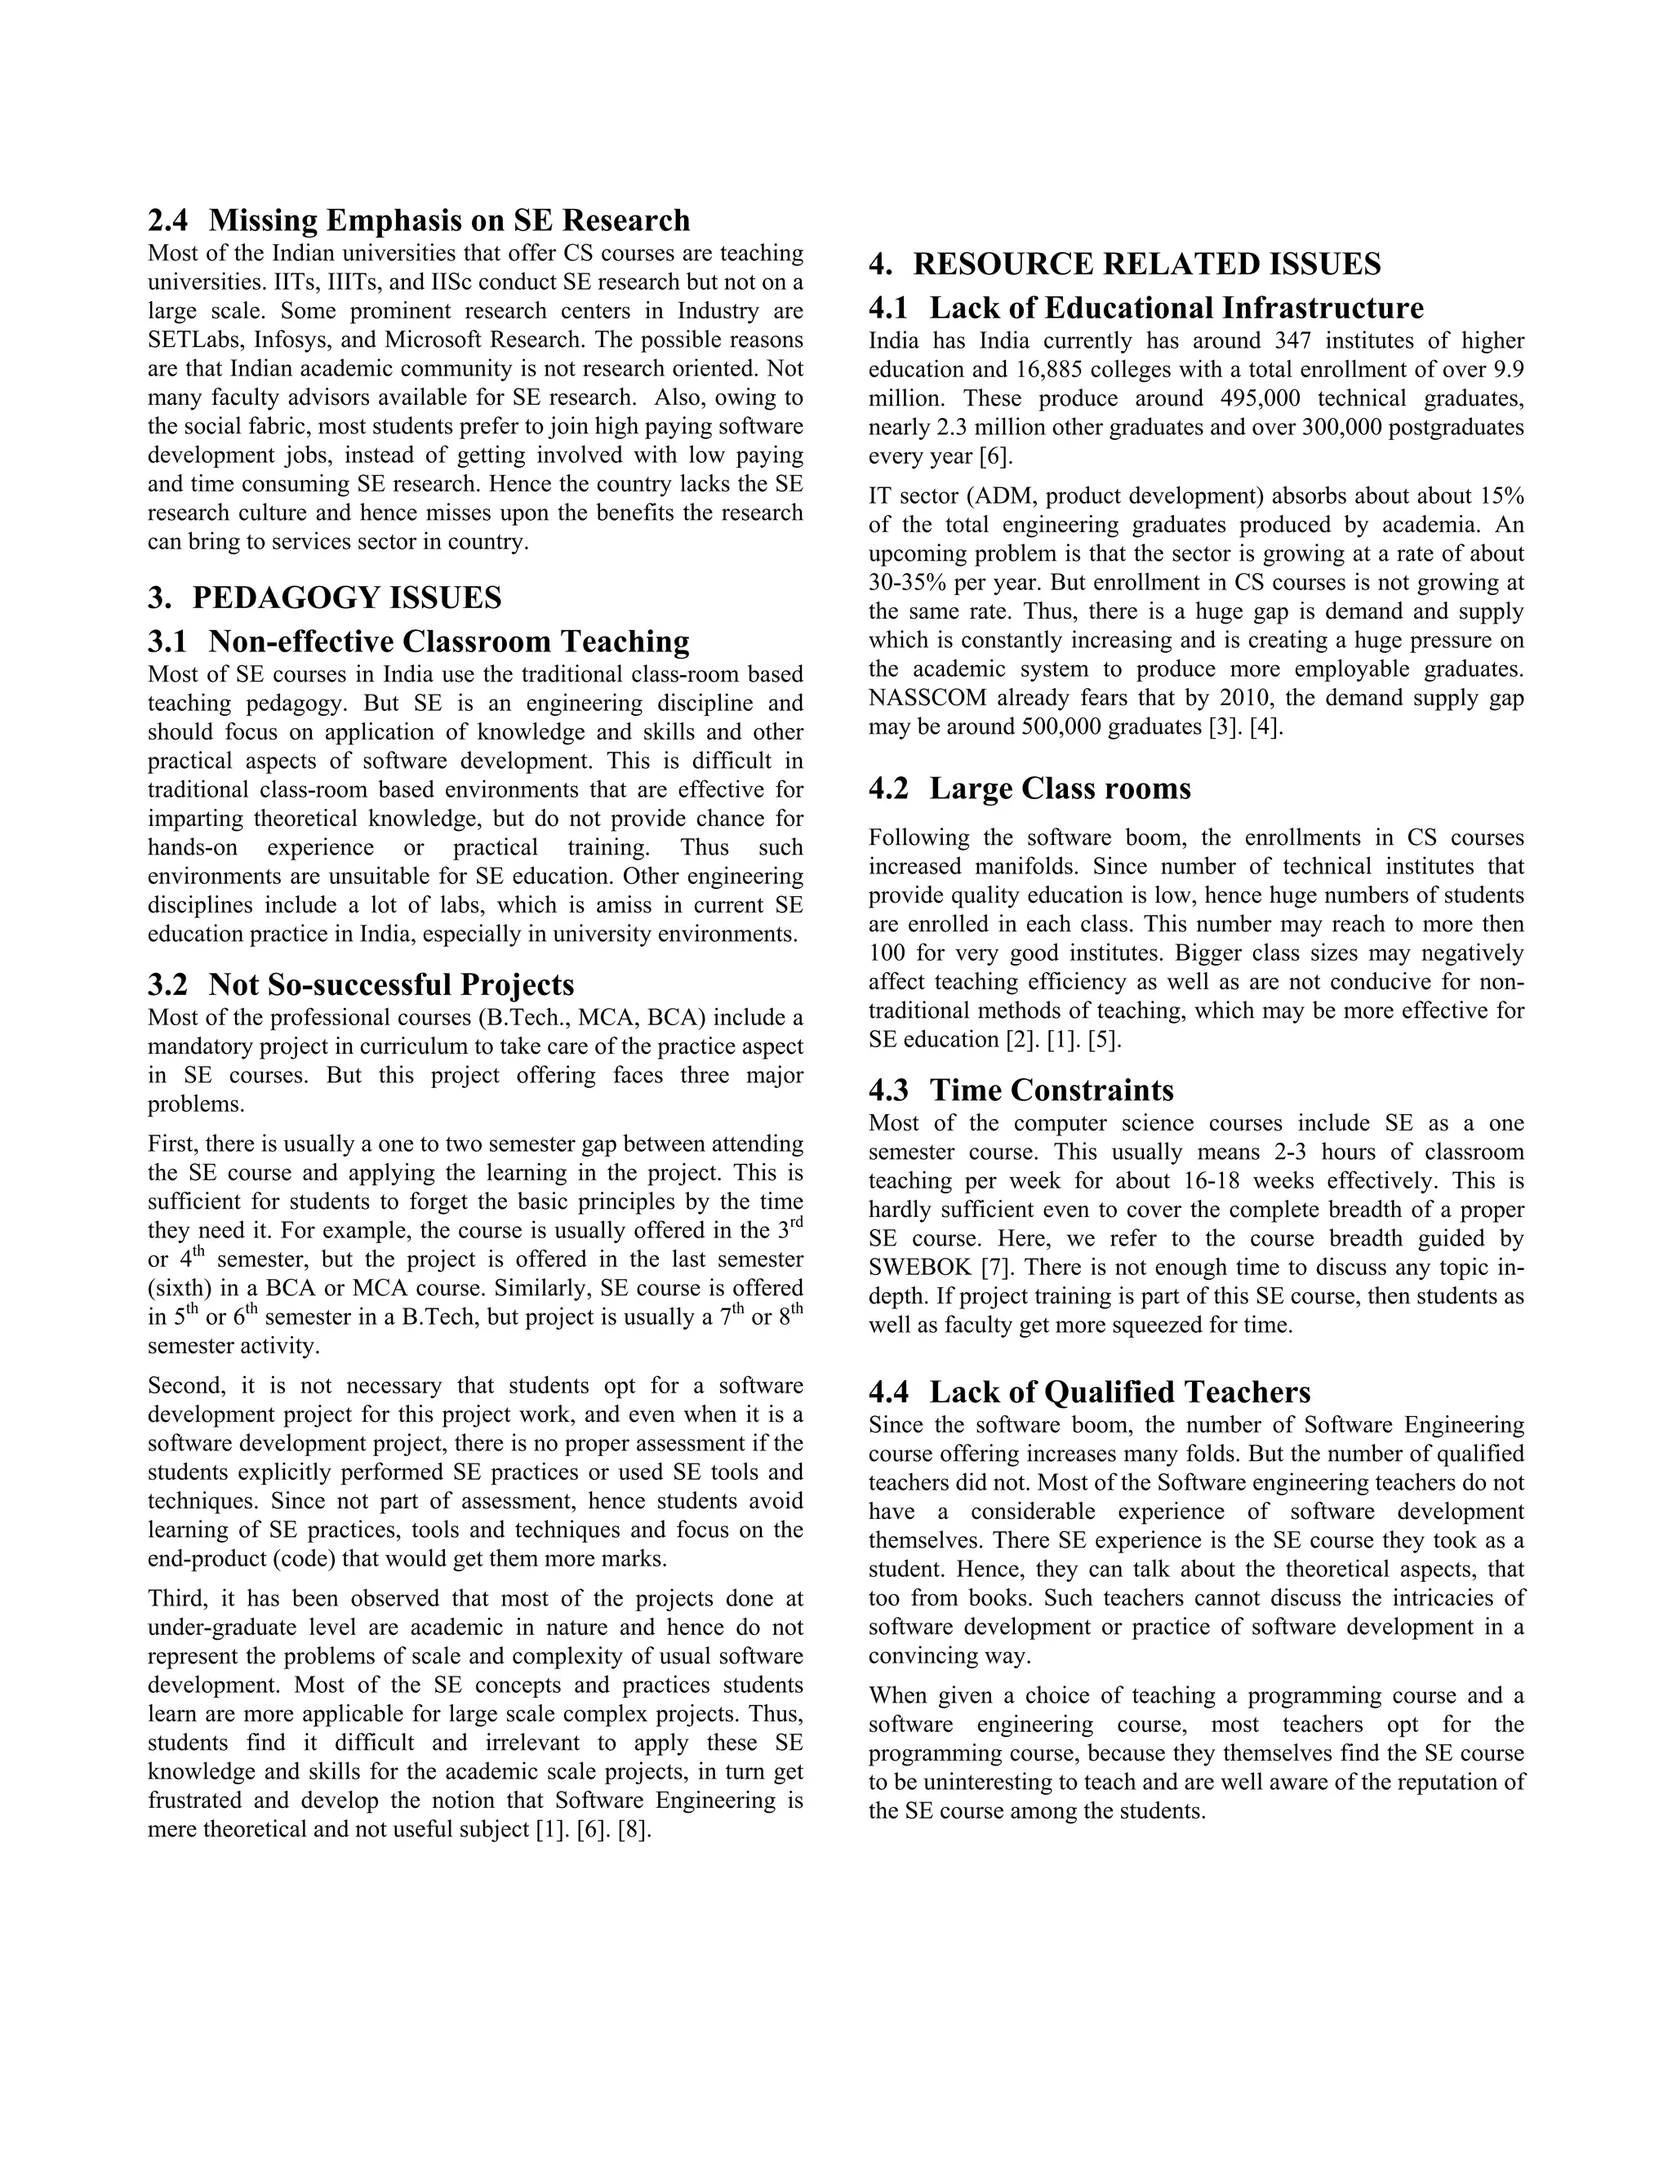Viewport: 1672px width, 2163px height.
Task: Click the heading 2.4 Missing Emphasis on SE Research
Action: click(x=419, y=220)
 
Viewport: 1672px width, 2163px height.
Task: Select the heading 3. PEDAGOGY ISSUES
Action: click(x=325, y=598)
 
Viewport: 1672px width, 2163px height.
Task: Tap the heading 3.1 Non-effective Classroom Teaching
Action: click(x=419, y=642)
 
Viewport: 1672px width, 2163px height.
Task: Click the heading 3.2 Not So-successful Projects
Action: click(x=361, y=985)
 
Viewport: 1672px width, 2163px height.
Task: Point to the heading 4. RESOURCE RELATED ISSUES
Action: click(x=1124, y=264)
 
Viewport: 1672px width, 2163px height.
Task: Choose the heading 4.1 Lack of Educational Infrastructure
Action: click(x=1146, y=308)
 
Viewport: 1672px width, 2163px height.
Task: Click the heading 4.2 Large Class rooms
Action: click(x=1029, y=789)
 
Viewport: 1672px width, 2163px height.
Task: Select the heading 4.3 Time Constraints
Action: click(x=1021, y=1090)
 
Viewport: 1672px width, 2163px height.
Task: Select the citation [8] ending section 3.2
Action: click(x=634, y=1829)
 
